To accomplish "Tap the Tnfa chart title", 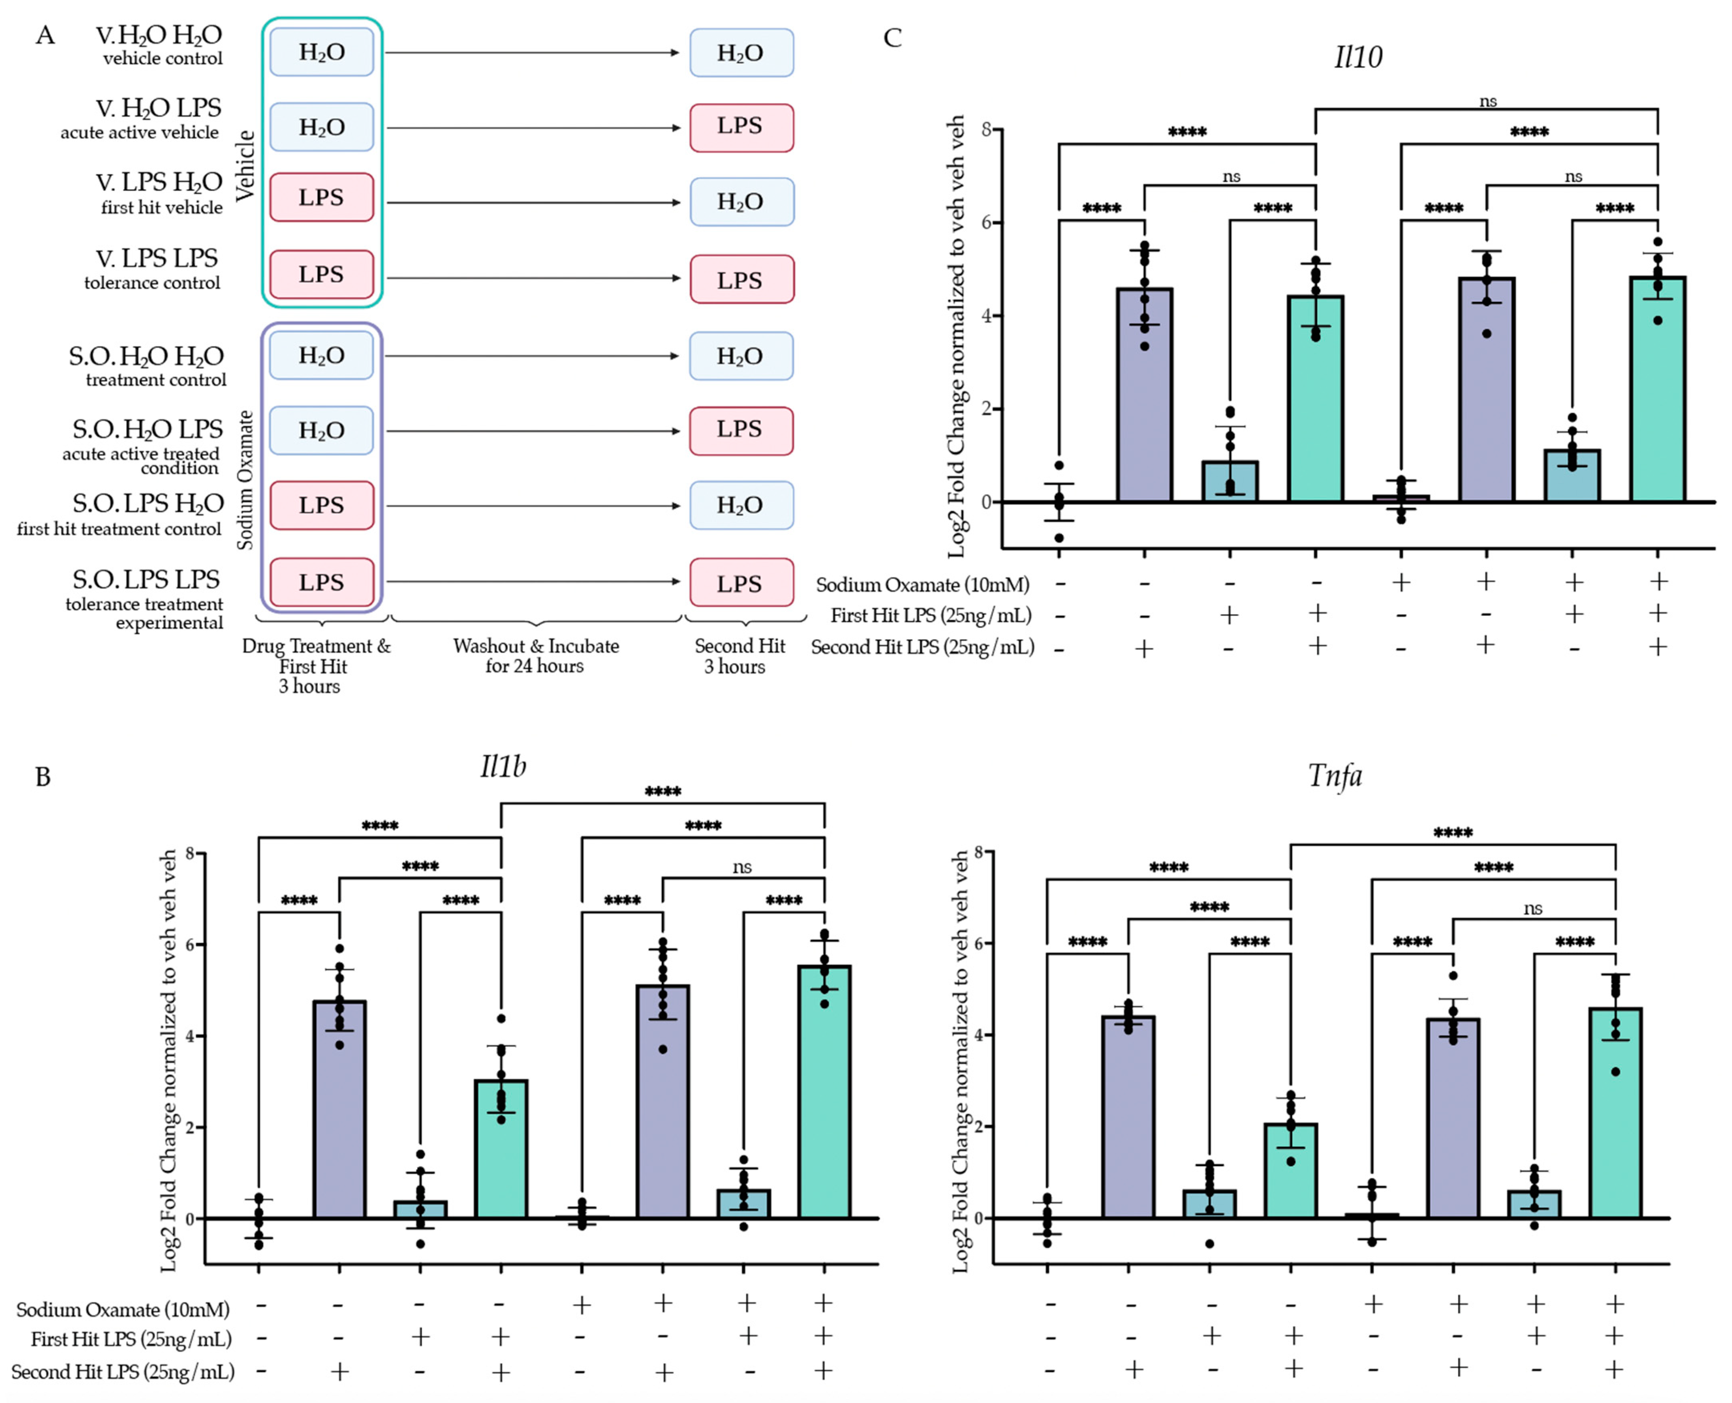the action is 1335,776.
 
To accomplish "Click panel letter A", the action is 45,36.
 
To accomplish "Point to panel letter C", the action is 892,38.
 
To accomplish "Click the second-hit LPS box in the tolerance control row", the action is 741,279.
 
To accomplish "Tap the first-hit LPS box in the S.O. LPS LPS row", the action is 322,582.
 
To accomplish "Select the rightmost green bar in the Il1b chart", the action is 824,1092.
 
